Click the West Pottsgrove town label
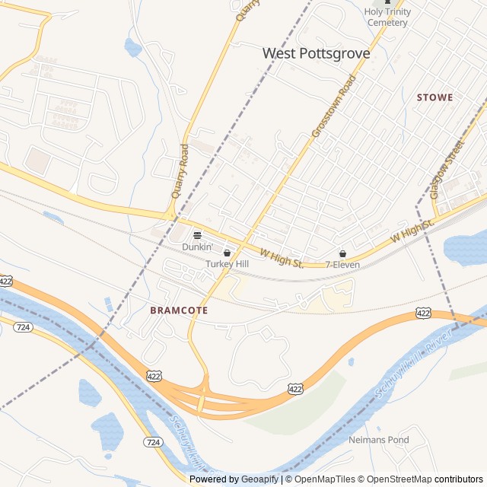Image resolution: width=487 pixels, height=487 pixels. coord(316,53)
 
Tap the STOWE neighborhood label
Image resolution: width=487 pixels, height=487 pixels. coord(434,97)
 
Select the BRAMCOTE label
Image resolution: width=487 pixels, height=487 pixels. coord(179,310)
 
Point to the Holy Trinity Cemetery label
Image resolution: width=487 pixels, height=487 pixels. coord(387,17)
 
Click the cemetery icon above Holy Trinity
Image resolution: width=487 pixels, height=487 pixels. coord(387,2)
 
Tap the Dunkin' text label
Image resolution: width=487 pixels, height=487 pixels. coord(196,247)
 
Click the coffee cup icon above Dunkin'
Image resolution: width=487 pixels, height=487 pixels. coord(197,235)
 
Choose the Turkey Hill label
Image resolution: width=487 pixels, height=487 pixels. coord(227,264)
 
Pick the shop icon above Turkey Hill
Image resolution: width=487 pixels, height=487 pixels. coord(227,253)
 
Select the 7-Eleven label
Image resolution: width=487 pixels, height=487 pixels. coord(342,265)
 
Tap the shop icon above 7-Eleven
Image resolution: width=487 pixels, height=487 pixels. coord(342,253)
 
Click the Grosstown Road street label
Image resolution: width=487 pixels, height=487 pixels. coord(334,106)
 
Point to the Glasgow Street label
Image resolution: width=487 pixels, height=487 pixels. coord(447,169)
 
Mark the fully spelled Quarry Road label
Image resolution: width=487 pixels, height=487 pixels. coord(180,170)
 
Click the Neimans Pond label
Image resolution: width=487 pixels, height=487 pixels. coord(378,440)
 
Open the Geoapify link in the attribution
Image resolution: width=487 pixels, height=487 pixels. coord(259,479)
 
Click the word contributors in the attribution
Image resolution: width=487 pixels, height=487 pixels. coord(459,479)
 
